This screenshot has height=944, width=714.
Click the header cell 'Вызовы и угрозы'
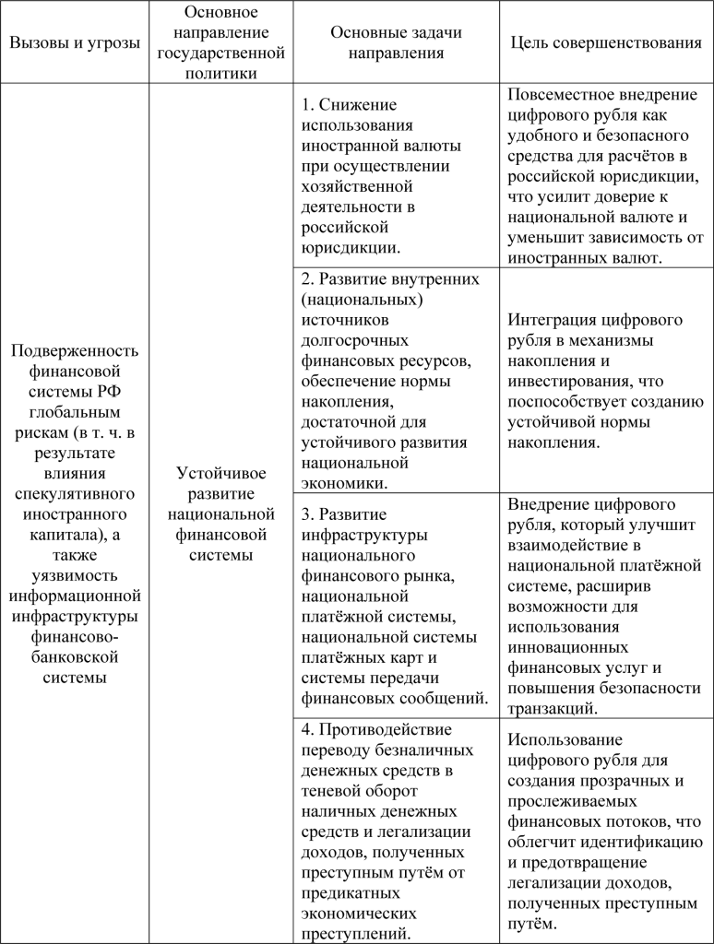tap(75, 43)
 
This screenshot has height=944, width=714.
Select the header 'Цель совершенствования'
tap(605, 43)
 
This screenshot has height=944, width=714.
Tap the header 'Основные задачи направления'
tap(396, 43)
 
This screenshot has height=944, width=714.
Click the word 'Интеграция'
tap(552, 320)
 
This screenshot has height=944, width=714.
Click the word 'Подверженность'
tap(75, 351)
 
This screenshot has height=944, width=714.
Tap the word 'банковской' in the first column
tap(75, 657)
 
